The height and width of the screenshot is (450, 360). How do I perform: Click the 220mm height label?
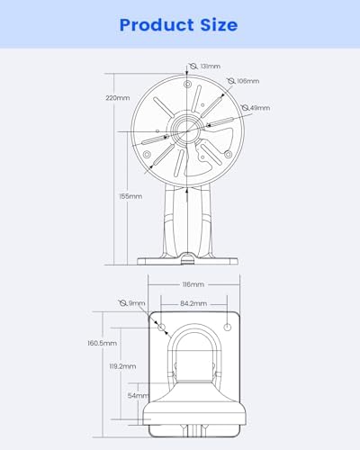(118, 98)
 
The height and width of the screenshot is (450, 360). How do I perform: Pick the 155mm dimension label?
(130, 196)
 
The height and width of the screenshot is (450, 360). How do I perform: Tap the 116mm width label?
(193, 284)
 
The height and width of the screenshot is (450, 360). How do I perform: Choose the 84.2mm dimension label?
(193, 303)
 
